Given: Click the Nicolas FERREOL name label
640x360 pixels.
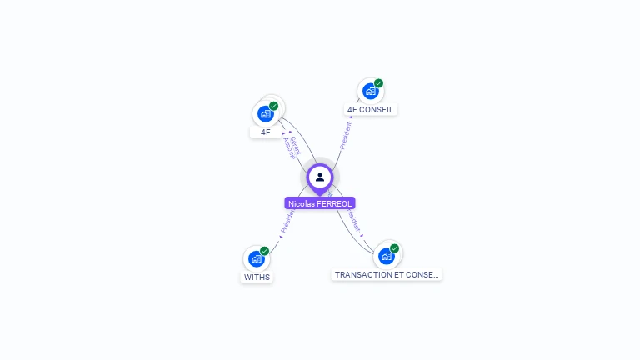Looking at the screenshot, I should [x=320, y=203].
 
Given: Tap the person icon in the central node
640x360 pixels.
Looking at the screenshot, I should [x=320, y=177].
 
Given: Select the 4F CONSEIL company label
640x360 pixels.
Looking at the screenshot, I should [x=371, y=109].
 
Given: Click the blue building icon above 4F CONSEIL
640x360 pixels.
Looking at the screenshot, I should [x=370, y=91].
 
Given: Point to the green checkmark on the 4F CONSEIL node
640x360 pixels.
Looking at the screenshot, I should [x=378, y=83].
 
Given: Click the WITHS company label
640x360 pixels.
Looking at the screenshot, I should [x=257, y=277].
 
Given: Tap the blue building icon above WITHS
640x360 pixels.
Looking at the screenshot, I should [x=256, y=258].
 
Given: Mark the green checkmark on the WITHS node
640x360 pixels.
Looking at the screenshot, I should [x=264, y=251].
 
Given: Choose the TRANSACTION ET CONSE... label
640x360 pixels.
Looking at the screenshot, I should [x=386, y=274].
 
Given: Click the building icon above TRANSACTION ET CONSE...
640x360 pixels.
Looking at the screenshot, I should [x=386, y=256].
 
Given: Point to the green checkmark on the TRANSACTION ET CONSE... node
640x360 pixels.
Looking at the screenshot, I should [x=394, y=248].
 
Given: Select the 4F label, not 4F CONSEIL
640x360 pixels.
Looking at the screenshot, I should [x=265, y=132].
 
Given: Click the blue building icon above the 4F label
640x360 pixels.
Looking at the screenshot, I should [x=265, y=114].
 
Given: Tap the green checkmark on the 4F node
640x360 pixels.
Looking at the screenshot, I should [x=273, y=106].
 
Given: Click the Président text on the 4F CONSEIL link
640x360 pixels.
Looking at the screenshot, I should [x=346, y=136].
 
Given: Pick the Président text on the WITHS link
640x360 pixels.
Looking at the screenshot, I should [x=287, y=221].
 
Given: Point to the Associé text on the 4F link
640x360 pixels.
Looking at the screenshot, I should [x=288, y=148].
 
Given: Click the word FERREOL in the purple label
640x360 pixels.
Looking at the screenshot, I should [x=334, y=203].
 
